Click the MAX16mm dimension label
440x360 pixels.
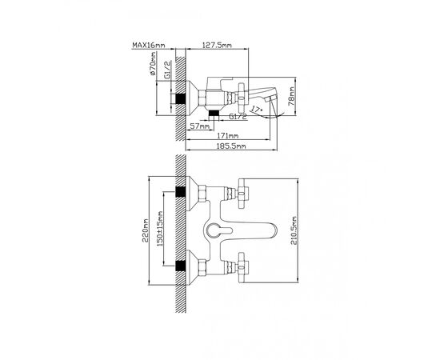[x=149, y=45]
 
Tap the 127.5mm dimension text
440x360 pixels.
[x=217, y=45]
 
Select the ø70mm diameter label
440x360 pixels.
[x=154, y=65]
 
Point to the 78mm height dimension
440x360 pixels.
[x=292, y=96]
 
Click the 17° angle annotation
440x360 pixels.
[x=256, y=109]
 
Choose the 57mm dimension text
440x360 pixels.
[x=199, y=126]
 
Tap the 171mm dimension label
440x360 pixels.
[x=227, y=136]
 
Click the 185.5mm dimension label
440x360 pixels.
[x=231, y=146]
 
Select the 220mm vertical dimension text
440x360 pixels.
[x=145, y=231]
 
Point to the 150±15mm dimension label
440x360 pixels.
[x=160, y=229]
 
